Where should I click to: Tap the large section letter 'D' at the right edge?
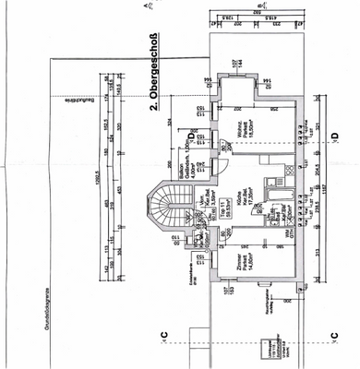335,136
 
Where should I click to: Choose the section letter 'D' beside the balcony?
189,136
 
